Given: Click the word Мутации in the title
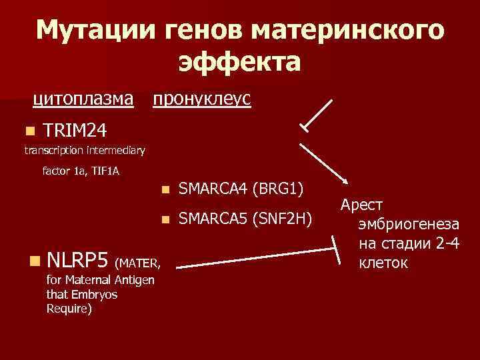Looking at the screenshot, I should (x=93, y=30).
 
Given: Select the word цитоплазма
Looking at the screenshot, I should (x=84, y=99).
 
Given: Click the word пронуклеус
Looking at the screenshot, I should (x=201, y=99).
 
